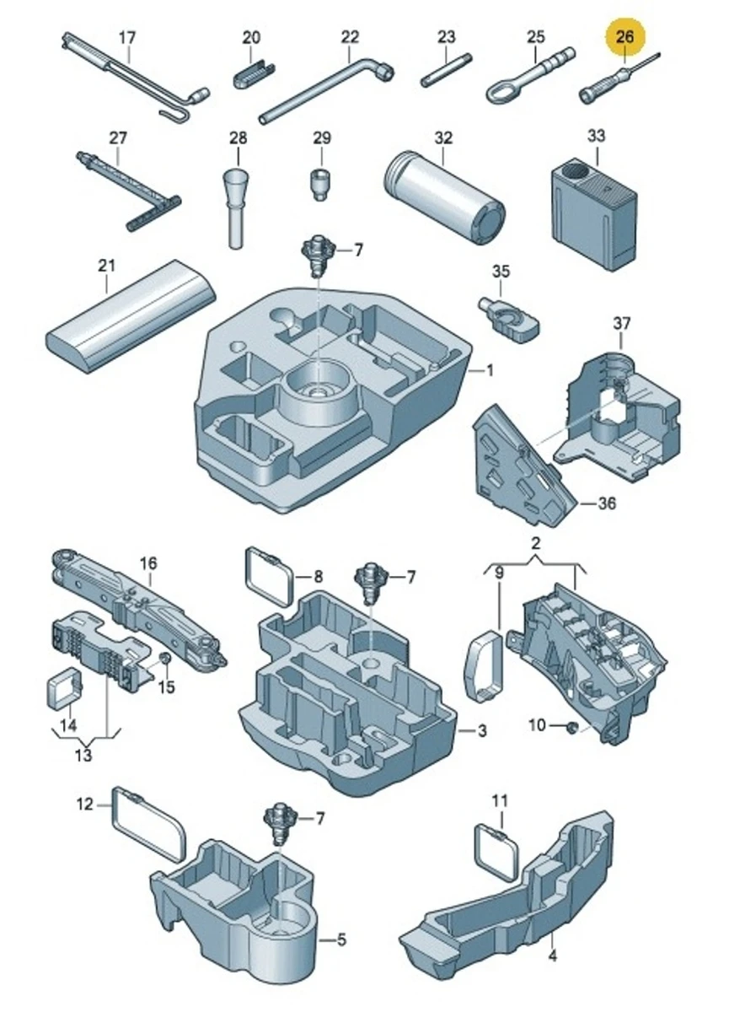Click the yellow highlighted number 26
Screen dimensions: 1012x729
624,37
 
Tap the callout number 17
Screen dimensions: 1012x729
126,37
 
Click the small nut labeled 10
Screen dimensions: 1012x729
571,726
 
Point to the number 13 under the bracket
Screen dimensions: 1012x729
83,755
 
